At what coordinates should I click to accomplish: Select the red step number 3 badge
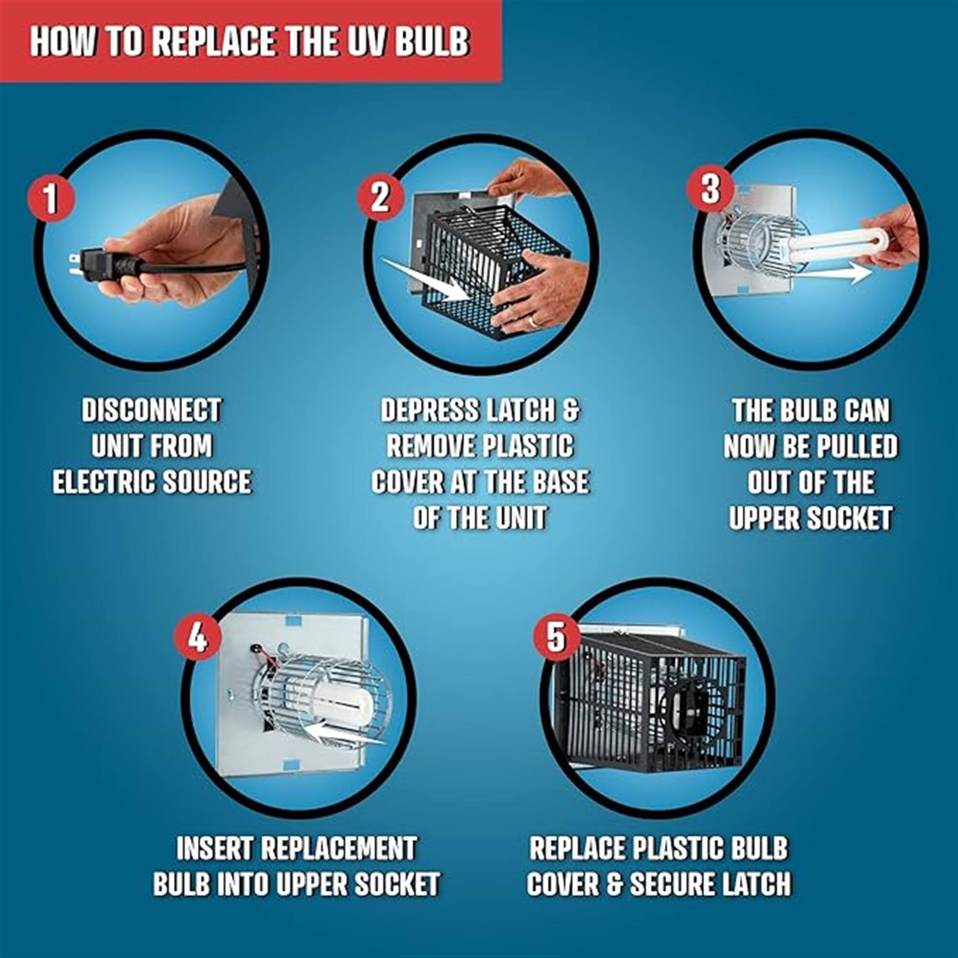[x=710, y=188]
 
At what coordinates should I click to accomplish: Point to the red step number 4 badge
[x=198, y=637]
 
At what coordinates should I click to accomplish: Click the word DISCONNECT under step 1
[x=151, y=411]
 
